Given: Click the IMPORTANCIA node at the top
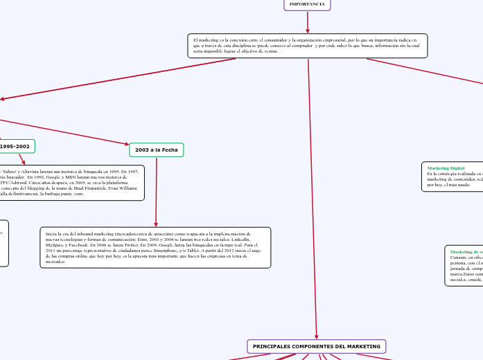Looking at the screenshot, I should pos(307,4).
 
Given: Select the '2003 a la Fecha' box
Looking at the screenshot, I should pos(157,150).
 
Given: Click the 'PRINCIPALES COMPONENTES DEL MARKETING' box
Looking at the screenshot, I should pos(317,346).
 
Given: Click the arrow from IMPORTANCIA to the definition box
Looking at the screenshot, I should pos(308,21).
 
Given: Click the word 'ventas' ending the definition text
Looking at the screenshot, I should pos(270,52).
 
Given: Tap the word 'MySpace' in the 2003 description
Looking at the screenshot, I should pos(55,246).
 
